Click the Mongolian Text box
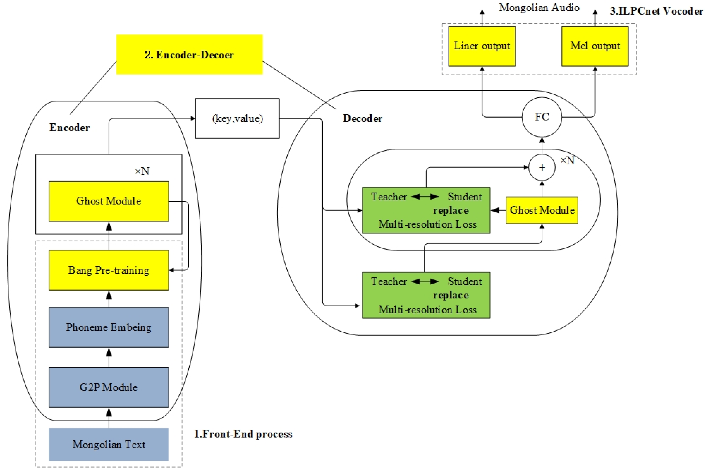[x=109, y=444]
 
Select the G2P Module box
[x=109, y=387]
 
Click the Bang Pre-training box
[x=109, y=270]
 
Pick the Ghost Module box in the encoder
[x=109, y=201]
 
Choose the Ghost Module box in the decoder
[x=542, y=210]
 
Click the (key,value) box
[x=237, y=118]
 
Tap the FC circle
[x=542, y=117]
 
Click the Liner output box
[x=482, y=46]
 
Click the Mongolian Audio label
[x=539, y=8]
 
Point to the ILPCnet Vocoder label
[x=656, y=11]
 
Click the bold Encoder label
[x=69, y=128]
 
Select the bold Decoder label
[x=362, y=118]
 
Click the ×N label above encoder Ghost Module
[x=142, y=171]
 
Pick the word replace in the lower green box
[x=451, y=295]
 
